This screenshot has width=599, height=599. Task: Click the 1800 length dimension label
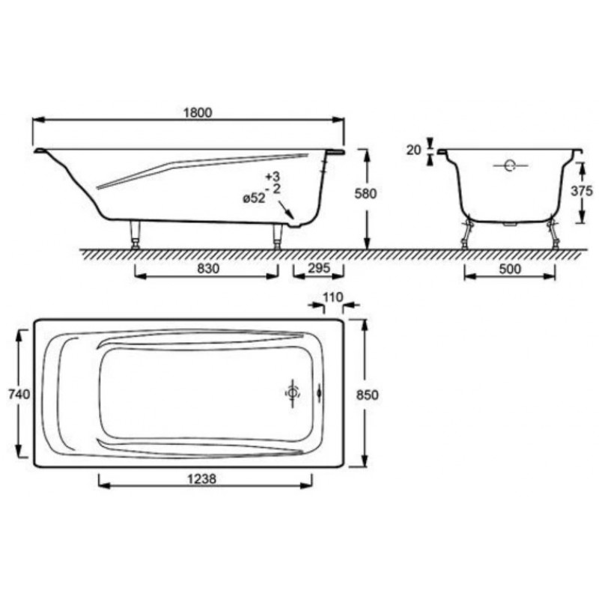pyautogui.click(x=198, y=113)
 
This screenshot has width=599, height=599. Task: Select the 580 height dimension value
pyautogui.click(x=365, y=194)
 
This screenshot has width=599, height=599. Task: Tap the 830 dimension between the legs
pyautogui.click(x=208, y=269)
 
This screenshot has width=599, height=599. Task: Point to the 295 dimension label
pyautogui.click(x=319, y=268)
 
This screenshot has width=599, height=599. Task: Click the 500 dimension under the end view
pyautogui.click(x=510, y=269)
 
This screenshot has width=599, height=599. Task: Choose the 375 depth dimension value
pyautogui.click(x=582, y=191)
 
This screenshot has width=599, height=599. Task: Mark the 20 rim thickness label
pyautogui.click(x=413, y=150)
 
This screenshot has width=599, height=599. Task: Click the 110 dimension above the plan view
pyautogui.click(x=333, y=297)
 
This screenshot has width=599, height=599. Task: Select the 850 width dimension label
pyautogui.click(x=368, y=395)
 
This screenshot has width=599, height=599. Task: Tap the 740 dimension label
pyautogui.click(x=19, y=394)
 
